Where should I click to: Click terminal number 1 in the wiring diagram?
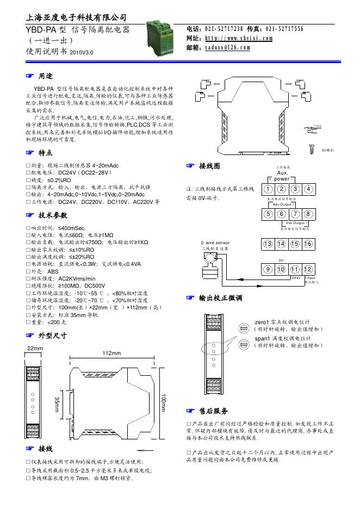coord(269,189)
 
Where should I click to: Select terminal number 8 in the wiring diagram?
coord(308,214)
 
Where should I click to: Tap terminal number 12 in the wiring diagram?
coord(308,269)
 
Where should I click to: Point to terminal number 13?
coord(269,244)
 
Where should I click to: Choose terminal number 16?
coord(308,244)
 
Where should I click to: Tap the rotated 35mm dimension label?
coord(57,405)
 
